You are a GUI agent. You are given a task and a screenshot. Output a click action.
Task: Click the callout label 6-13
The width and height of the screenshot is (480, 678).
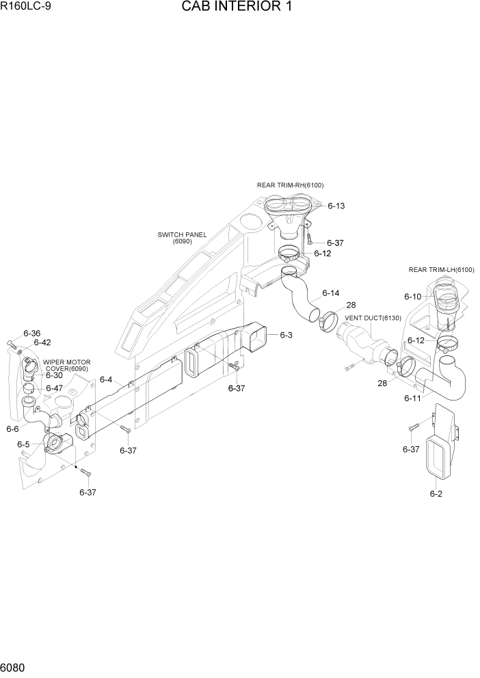(x=336, y=206)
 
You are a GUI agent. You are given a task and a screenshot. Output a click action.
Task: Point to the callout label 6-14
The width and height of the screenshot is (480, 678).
(x=330, y=293)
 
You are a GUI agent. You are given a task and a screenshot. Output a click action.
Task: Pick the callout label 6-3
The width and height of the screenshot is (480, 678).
(x=286, y=335)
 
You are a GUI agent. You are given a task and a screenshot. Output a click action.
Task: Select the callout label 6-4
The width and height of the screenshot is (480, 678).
(x=106, y=379)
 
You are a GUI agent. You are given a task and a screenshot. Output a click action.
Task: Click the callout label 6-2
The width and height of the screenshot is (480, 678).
(x=436, y=493)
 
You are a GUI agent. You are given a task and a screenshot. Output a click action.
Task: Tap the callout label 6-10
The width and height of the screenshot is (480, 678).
(x=412, y=297)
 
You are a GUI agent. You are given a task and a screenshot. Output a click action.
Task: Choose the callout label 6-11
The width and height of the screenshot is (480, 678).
(x=412, y=398)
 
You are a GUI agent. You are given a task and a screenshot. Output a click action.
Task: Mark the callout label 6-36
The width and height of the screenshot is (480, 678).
(x=32, y=333)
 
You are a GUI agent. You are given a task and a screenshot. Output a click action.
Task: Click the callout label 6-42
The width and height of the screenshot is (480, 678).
(x=42, y=342)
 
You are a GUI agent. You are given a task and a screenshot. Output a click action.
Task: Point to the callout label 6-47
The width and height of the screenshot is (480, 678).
(x=54, y=388)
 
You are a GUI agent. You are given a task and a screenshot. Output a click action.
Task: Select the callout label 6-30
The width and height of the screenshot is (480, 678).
(x=54, y=375)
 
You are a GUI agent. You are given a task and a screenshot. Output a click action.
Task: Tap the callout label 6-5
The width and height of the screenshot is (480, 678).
(x=23, y=444)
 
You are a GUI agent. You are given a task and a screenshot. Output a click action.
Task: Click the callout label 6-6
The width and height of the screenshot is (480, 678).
(x=12, y=429)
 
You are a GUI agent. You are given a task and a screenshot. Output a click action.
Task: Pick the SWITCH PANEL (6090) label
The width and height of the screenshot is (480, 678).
(x=182, y=238)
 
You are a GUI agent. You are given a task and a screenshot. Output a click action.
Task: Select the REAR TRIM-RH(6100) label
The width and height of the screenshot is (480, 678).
(x=290, y=185)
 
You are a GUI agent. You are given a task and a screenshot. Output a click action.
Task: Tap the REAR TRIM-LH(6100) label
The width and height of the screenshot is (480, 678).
(x=441, y=269)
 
